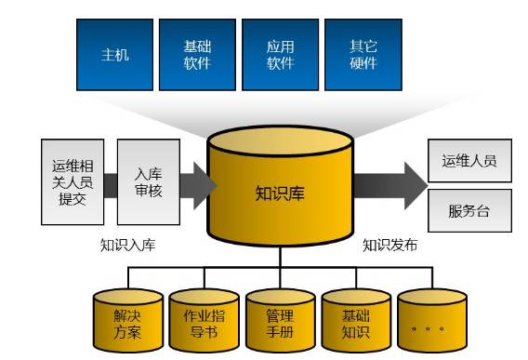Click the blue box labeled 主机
point(114,54)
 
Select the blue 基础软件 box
point(197,54)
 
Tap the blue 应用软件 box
point(279,54)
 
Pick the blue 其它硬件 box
point(362,54)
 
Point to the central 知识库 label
point(280,194)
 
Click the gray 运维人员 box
point(469,160)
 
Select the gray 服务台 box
point(469,211)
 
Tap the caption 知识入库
point(128,247)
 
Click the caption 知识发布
point(389,247)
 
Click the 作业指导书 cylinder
point(205,322)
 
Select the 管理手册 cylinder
point(280,322)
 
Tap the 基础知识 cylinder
point(356,322)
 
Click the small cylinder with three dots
point(431,322)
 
